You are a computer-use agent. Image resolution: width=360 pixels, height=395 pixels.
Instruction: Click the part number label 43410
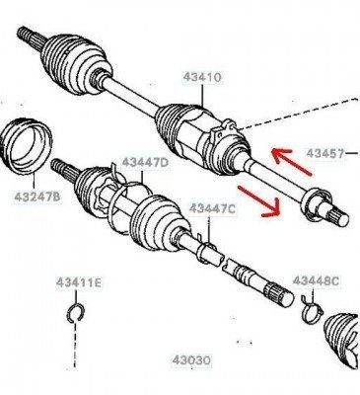coord(202,78)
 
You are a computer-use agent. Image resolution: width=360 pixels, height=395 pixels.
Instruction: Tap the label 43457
coord(325,153)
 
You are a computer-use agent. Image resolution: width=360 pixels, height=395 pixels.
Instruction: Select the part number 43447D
coord(145,163)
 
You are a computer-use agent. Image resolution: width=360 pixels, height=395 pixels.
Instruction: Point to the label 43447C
coord(212,208)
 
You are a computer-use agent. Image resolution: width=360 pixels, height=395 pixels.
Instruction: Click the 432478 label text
coord(37,197)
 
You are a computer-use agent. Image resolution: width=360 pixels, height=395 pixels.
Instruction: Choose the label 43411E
coord(79,282)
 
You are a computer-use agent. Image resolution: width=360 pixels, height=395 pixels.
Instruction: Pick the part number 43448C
coord(316,280)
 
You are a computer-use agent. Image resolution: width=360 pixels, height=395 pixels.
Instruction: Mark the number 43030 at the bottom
coord(191,360)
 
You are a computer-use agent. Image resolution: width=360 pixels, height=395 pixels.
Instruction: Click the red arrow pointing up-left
coord(291,161)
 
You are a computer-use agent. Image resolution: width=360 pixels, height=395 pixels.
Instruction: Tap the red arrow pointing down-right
coord(259,201)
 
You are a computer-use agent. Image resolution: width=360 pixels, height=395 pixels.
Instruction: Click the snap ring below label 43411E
coord(76,313)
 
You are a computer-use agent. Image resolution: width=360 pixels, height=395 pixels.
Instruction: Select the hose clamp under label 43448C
coord(312,310)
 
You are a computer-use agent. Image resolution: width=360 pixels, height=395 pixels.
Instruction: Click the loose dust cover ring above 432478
coord(27,145)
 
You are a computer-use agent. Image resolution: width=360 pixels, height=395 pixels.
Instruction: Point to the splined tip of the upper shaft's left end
coord(28,35)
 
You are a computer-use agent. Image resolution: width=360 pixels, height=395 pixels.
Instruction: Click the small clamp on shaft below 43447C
coord(206,249)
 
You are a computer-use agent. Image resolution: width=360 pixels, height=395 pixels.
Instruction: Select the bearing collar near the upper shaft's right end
coord(317,202)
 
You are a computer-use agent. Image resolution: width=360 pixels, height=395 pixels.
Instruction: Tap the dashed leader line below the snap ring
coord(76,345)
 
